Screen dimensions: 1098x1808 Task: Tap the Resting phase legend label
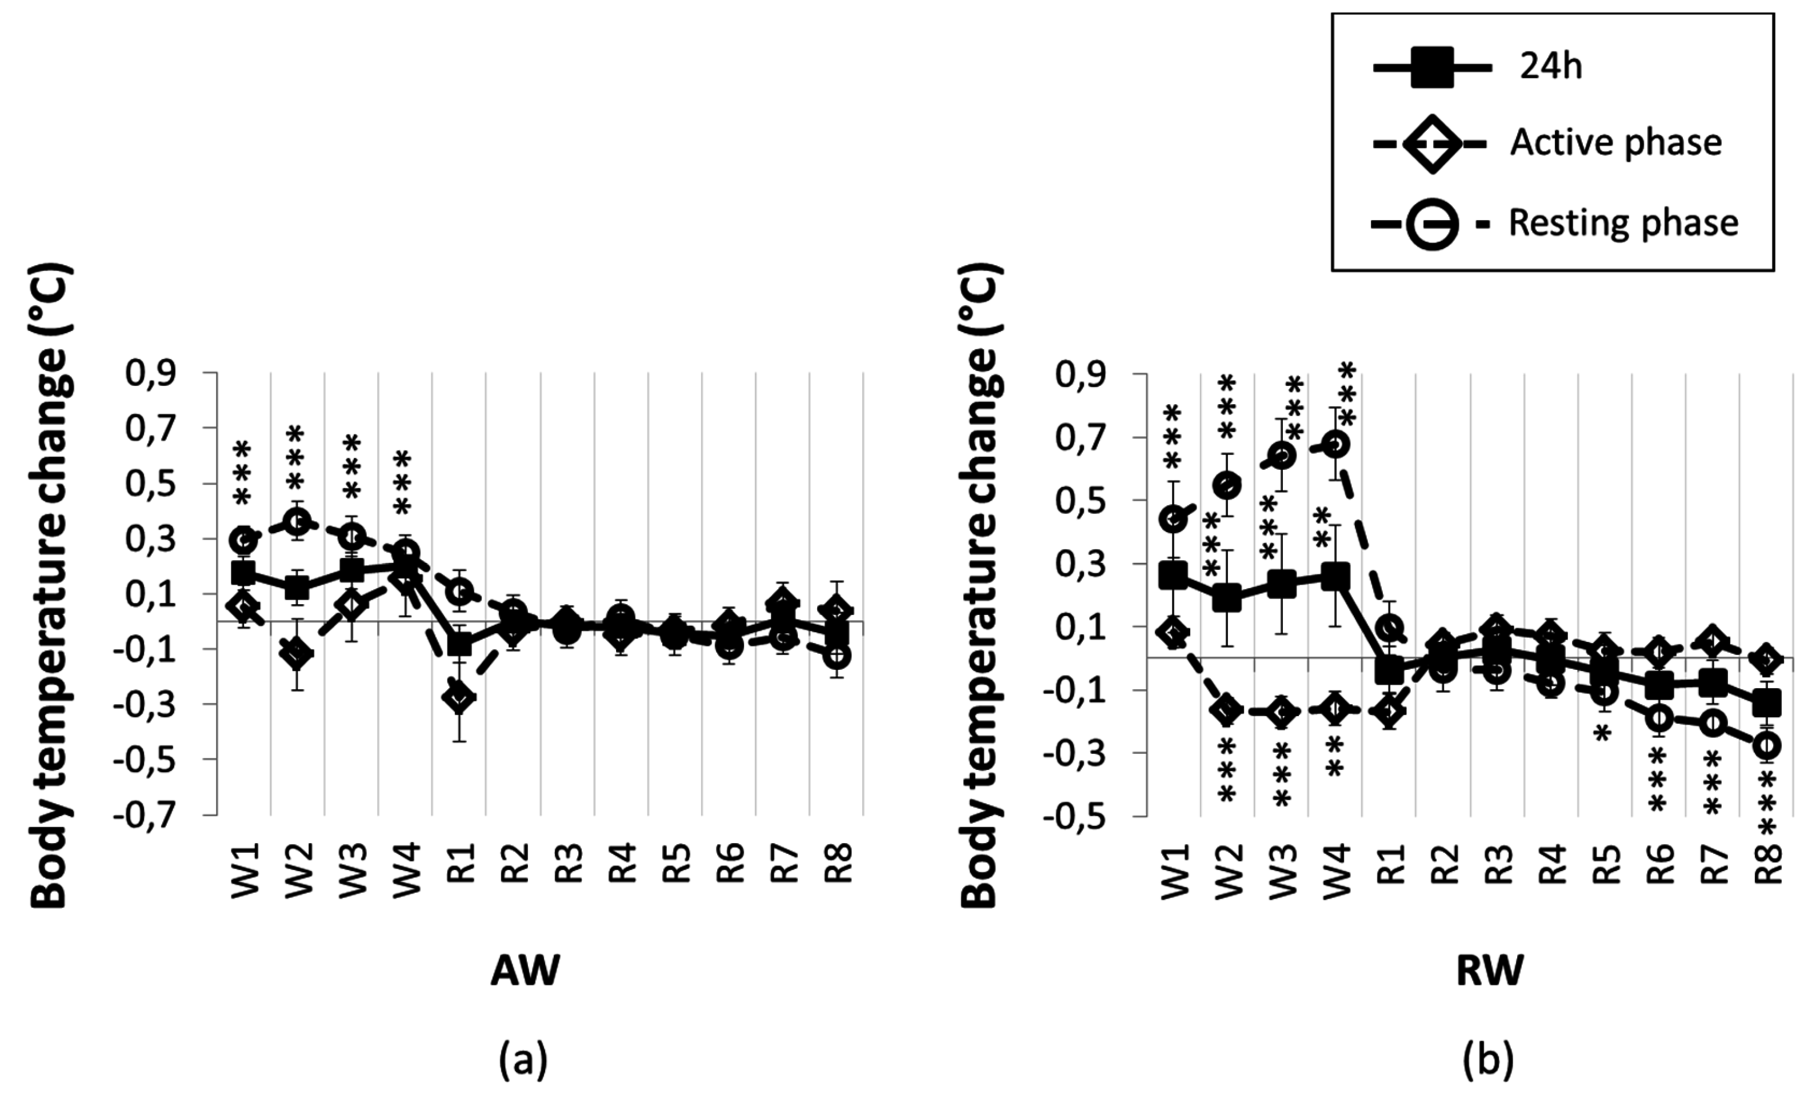click(1623, 222)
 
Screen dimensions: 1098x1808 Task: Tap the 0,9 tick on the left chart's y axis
click(161, 374)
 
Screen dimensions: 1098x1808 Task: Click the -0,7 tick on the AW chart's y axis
click(155, 814)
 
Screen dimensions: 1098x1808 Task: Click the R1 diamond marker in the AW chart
click(460, 697)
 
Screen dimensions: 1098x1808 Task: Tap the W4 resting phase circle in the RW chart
click(1335, 445)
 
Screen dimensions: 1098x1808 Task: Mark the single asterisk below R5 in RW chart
click(1602, 733)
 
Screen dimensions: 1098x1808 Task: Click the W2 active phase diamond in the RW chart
click(1227, 710)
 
